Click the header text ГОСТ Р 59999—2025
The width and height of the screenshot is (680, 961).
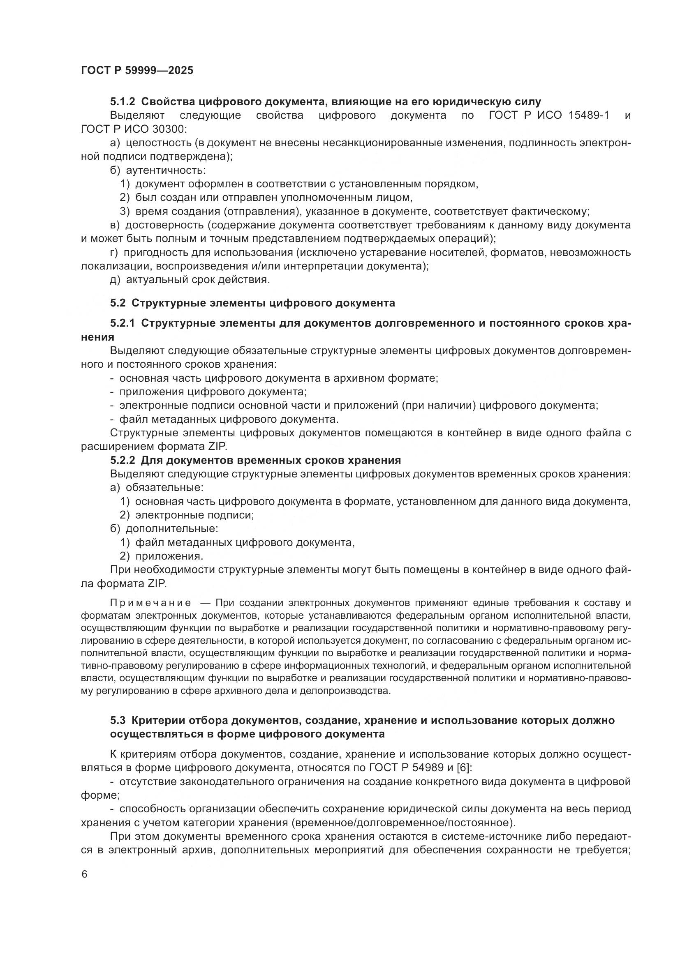click(137, 70)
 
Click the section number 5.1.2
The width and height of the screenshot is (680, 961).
click(123, 102)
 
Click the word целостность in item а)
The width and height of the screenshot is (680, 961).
click(159, 143)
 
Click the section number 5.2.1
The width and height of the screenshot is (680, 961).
click(123, 323)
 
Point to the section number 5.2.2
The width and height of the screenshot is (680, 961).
click(123, 461)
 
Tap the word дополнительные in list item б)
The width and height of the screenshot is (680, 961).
click(172, 529)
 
